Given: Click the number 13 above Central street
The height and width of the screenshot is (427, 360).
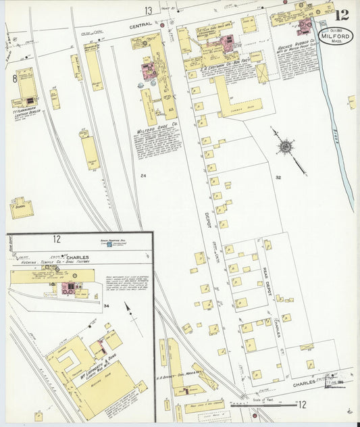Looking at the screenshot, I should pyautogui.click(x=148, y=10).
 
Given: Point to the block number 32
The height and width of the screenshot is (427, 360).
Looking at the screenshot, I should pyautogui.click(x=278, y=177).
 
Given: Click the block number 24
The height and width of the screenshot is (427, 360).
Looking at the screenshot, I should pyautogui.click(x=143, y=176).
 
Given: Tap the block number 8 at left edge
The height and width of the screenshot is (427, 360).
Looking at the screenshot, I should pyautogui.click(x=14, y=79).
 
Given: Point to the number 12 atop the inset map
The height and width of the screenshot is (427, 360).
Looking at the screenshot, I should pyautogui.click(x=57, y=239).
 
